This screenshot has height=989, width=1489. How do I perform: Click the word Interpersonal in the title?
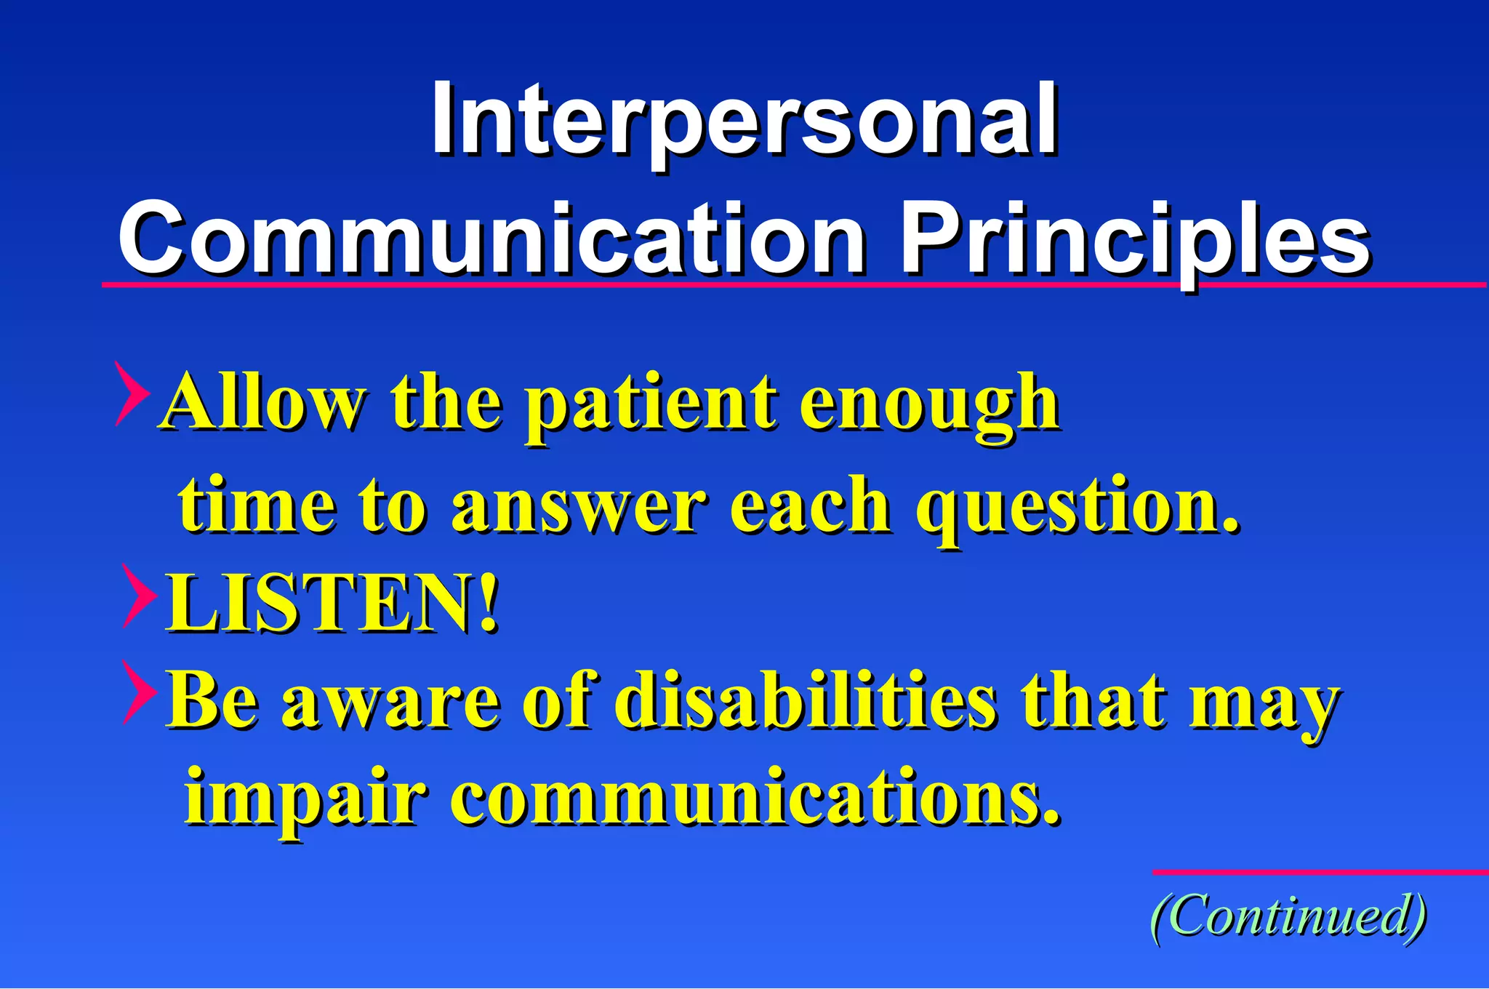pyautogui.click(x=744, y=120)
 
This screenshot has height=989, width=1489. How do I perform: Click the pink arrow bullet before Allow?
pyautogui.click(x=132, y=393)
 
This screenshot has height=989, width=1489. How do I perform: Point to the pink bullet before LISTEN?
pyautogui.click(x=139, y=596)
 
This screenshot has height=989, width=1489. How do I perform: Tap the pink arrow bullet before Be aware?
pyautogui.click(x=139, y=692)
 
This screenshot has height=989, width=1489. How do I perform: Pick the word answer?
pyautogui.click(x=578, y=505)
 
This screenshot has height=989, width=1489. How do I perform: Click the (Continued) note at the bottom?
pyautogui.click(x=1288, y=916)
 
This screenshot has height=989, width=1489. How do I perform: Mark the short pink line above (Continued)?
pyautogui.click(x=1320, y=871)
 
